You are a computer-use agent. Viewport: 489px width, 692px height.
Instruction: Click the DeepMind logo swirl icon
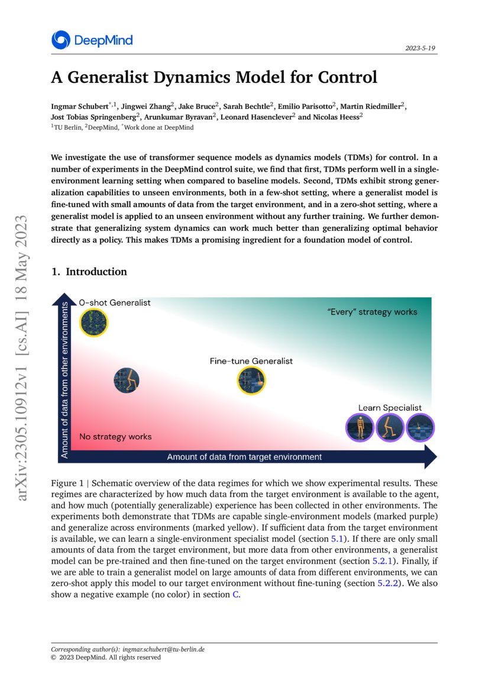point(61,40)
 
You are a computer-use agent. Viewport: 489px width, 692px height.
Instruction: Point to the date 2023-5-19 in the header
point(422,48)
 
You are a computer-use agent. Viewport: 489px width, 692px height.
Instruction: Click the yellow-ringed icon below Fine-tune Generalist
point(251,381)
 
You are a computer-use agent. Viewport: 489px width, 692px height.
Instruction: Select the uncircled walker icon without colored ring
point(126,380)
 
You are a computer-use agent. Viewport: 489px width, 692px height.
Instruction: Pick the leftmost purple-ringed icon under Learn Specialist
point(359,427)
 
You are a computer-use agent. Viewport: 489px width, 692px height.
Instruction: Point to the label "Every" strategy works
point(372,312)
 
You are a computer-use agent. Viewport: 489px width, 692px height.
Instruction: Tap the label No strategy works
point(115,437)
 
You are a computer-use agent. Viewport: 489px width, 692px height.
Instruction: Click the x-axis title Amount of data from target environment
point(244,457)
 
